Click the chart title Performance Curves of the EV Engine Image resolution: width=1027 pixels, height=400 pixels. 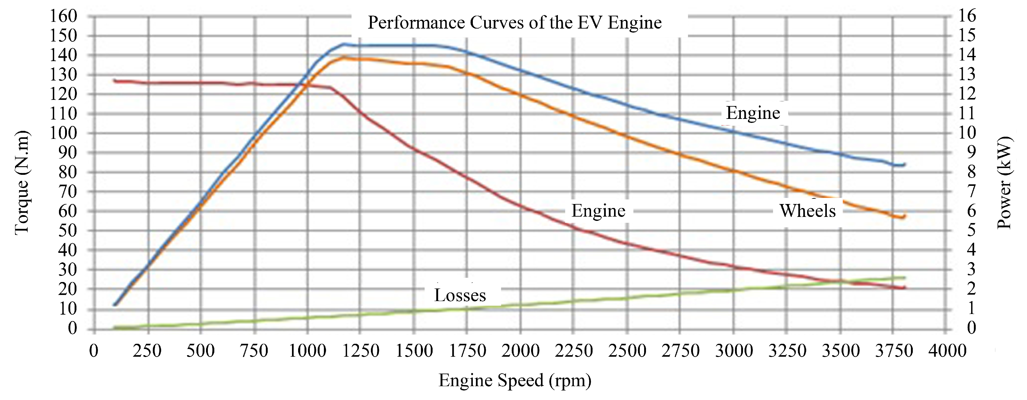pyautogui.click(x=514, y=23)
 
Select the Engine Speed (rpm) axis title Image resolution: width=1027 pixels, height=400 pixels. pyautogui.click(x=515, y=380)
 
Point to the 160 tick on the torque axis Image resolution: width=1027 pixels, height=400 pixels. pyautogui.click(x=63, y=16)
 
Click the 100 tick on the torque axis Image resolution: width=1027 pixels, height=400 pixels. pyautogui.click(x=63, y=133)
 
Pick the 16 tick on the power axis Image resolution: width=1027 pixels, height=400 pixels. pyautogui.click(x=967, y=16)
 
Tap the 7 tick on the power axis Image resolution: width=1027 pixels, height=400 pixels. pyautogui.click(x=971, y=191)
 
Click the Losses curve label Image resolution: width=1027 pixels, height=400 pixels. pyautogui.click(x=460, y=296)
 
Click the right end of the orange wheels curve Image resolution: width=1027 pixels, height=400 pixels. pyautogui.click(x=904, y=216)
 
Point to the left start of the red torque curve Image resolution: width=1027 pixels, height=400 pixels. pyautogui.click(x=115, y=80)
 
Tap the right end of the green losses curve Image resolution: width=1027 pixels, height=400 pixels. pyautogui.click(x=904, y=277)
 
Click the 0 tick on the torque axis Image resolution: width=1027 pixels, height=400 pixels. pyautogui.click(x=72, y=328)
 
